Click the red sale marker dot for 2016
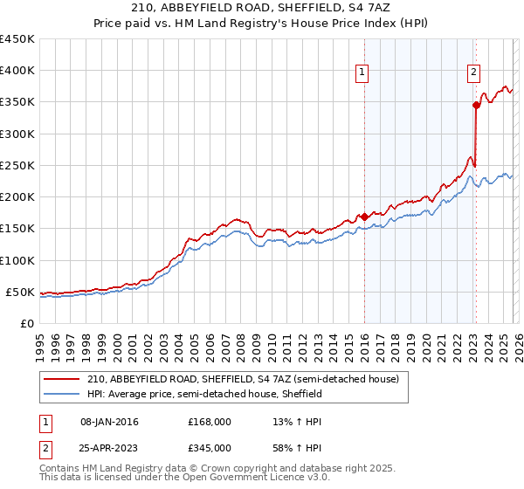click(363, 217)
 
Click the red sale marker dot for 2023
click(476, 105)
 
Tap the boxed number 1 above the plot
click(362, 73)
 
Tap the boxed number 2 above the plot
click(473, 73)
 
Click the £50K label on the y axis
click(20, 292)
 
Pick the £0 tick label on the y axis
click(26, 323)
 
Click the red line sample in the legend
click(62, 379)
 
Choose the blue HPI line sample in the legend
click(62, 394)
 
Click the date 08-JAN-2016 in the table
click(109, 422)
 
